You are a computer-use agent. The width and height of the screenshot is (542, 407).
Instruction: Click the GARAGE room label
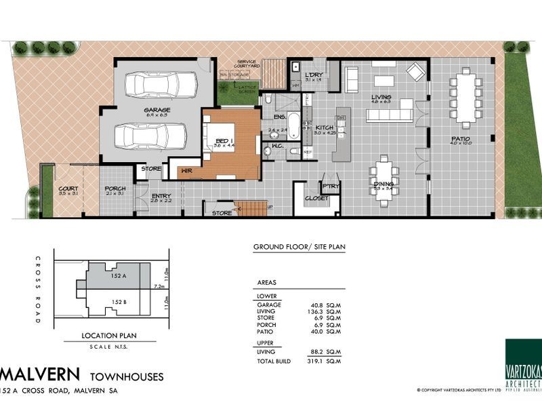point(157,109)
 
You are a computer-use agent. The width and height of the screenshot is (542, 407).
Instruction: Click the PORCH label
point(113,189)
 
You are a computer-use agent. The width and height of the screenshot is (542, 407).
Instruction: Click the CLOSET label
point(316,199)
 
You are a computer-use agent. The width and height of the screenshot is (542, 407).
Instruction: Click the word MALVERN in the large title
point(41,374)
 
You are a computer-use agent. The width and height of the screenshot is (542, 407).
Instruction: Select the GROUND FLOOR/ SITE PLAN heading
point(298,247)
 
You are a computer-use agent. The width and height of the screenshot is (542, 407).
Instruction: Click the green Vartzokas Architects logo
point(523,363)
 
